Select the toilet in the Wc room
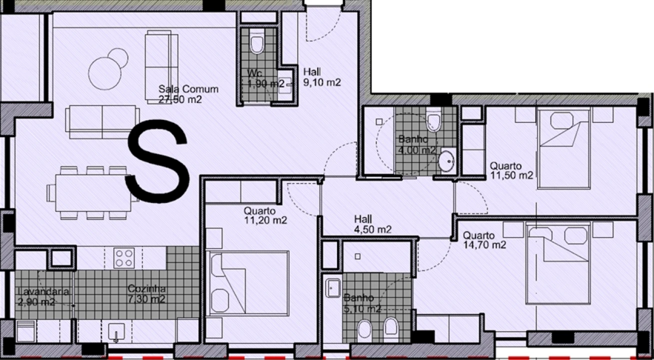pyautogui.click(x=256, y=44)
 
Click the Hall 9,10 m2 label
pyautogui.click(x=322, y=77)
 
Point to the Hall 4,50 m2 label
pyautogui.click(x=372, y=224)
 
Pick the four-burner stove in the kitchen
pyautogui.click(x=123, y=258)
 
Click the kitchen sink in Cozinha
pyautogui.click(x=116, y=330)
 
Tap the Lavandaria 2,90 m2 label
pyautogui.click(x=36, y=296)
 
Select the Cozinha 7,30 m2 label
pyautogui.click(x=146, y=294)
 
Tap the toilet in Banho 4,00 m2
pyautogui.click(x=433, y=121)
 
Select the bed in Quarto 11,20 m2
pyautogui.click(x=248, y=283)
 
